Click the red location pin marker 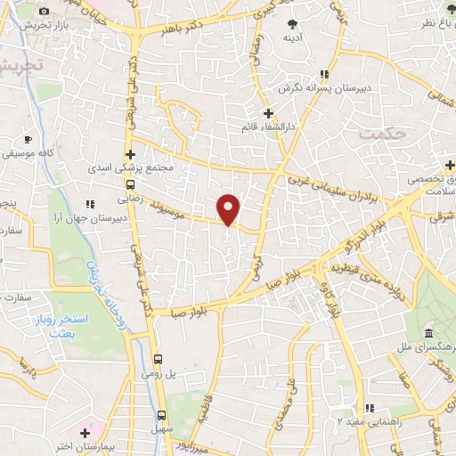click(230, 208)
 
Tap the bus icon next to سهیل click(162, 414)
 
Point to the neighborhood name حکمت click(383, 133)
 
